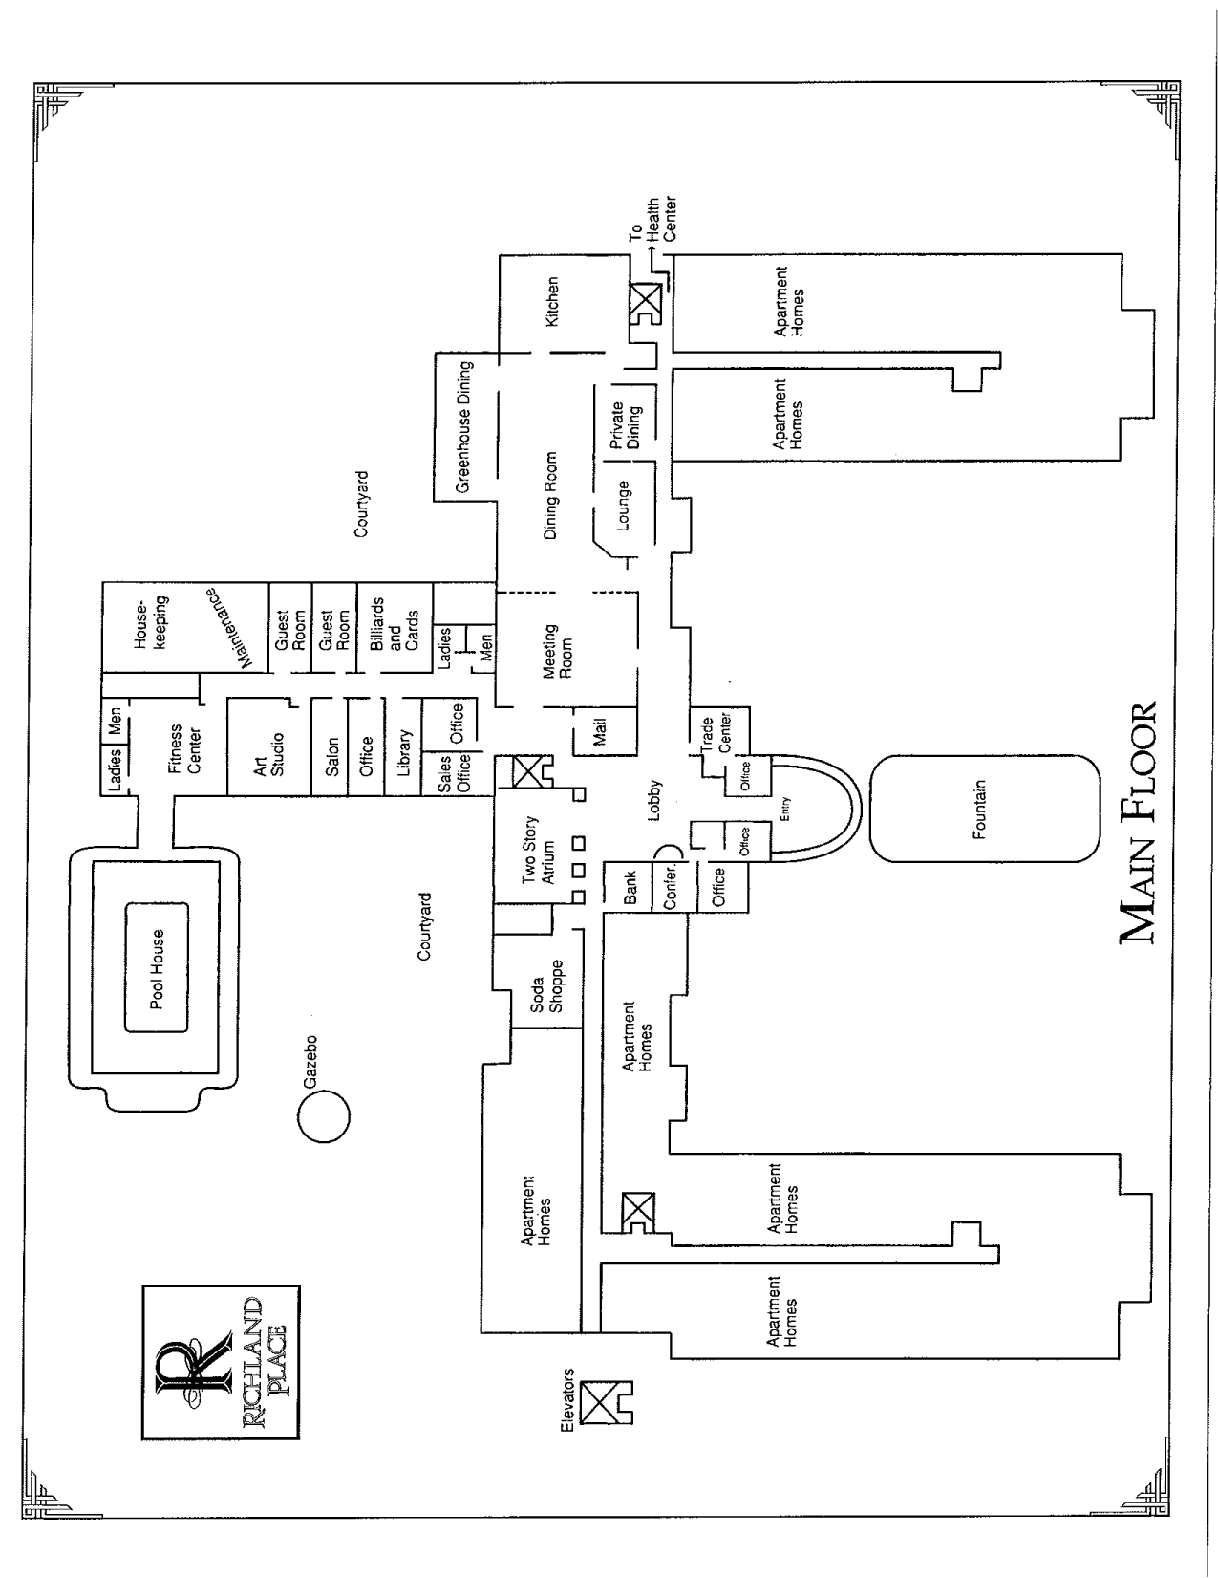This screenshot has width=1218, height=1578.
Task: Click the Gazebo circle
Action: [x=323, y=1115]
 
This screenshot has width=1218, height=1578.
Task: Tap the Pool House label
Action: [x=157, y=968]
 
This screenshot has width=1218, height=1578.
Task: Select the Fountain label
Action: [x=978, y=810]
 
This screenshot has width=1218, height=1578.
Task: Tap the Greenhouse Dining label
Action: [x=465, y=426]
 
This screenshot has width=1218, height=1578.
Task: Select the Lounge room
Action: [x=624, y=505]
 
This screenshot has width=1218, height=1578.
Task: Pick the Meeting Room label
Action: [x=557, y=651]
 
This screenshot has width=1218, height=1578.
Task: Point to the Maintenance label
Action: [x=229, y=627]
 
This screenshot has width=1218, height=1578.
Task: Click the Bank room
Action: [x=630, y=887]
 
